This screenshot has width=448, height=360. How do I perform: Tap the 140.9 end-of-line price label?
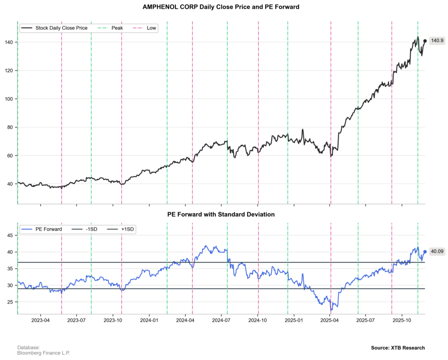(437, 41)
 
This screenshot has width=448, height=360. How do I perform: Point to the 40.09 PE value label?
(437, 252)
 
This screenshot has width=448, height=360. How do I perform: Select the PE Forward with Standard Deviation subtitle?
(221, 215)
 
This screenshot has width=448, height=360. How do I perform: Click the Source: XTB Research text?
(398, 348)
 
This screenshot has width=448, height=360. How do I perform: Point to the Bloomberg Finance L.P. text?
(43, 353)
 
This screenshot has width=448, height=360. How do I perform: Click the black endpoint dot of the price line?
(425, 41)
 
